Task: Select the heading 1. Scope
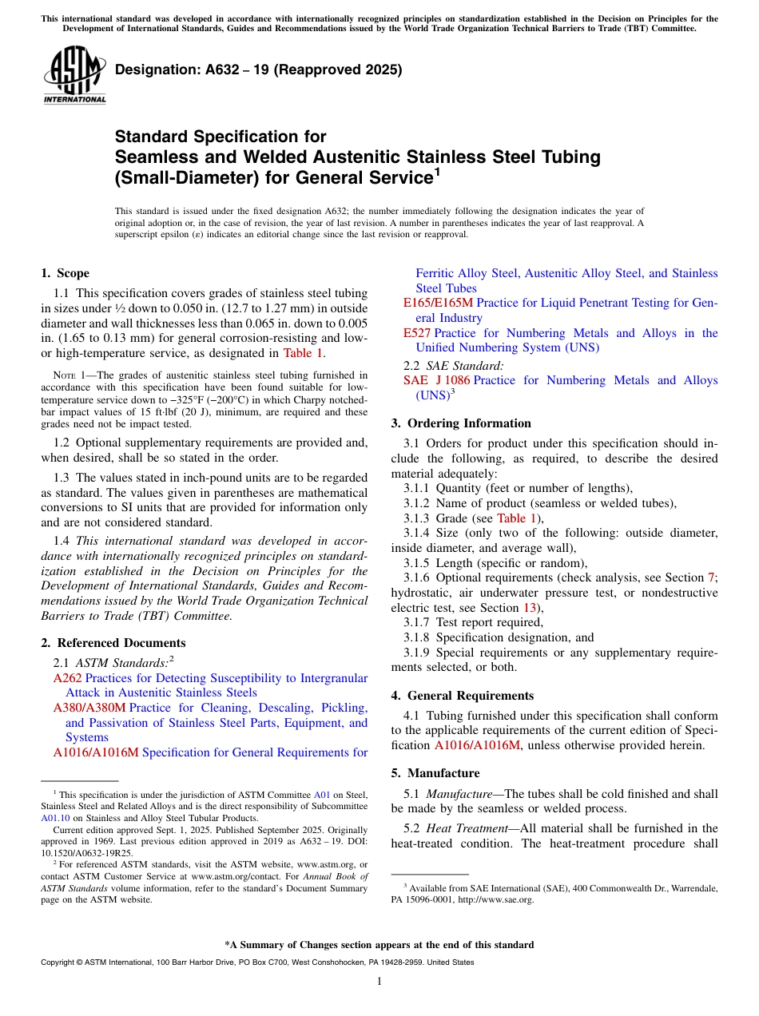pos(66,273)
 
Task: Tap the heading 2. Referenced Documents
pos(113,643)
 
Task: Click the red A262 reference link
pos(67,678)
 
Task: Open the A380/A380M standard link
pos(89,708)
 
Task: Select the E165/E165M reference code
pos(438,303)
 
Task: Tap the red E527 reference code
pos(417,333)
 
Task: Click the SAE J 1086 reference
pos(436,380)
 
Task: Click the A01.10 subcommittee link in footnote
pos(55,818)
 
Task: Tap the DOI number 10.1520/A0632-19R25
pos(87,852)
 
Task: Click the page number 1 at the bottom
pos(379,982)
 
